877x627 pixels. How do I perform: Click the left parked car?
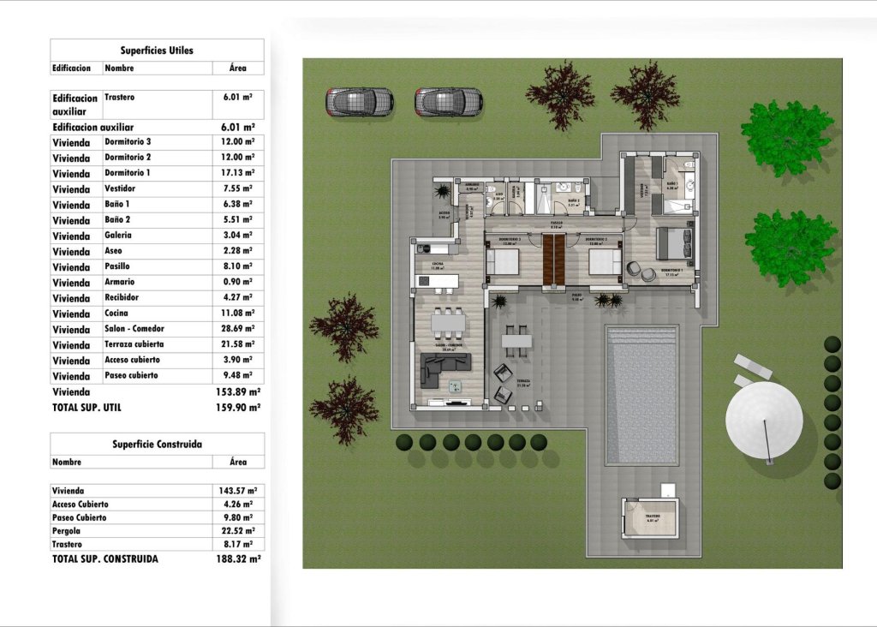tap(359, 102)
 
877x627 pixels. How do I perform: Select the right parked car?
tap(449, 102)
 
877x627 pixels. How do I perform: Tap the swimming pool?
tap(641, 395)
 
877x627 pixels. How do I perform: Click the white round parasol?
tap(764, 420)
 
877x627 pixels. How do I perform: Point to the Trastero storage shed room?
tap(651, 521)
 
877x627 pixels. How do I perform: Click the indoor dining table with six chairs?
tap(447, 322)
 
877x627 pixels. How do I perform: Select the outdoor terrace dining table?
tap(516, 340)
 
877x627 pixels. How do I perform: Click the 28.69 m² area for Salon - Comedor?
tap(236, 329)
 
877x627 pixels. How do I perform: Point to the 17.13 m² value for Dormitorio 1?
tap(236, 173)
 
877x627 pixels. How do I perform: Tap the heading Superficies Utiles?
tap(157, 51)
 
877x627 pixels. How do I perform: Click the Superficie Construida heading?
tap(157, 445)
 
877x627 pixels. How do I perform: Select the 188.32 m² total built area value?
tap(237, 558)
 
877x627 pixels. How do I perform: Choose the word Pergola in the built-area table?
tap(68, 531)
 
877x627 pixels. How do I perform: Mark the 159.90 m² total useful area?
tap(237, 408)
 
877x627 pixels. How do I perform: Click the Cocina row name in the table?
tap(118, 313)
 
